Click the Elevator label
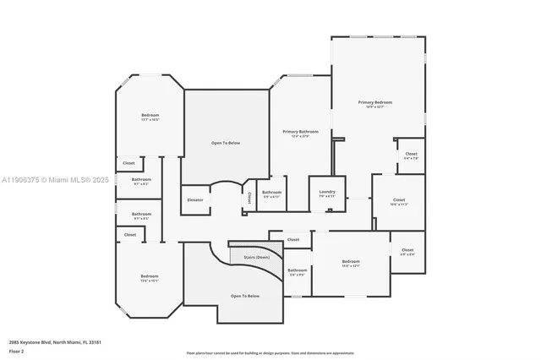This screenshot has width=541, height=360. tap(196, 199)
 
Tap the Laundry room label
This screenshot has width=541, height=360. tap(327, 193)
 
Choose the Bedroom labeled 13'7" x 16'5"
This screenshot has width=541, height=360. tap(150, 116)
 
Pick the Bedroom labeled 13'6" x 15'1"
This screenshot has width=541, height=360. tap(150, 277)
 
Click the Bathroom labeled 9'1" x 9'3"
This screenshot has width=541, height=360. tap(141, 180)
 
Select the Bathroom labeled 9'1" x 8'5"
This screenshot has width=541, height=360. tap(141, 215)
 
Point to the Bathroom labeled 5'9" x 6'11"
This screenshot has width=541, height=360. tap(271, 193)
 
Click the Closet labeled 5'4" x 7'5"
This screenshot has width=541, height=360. tap(411, 155)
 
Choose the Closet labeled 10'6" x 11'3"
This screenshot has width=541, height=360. tap(398, 201)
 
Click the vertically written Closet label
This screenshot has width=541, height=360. tap(249, 199)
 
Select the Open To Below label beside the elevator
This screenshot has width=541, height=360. tap(226, 143)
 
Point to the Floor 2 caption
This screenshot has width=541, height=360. tap(17, 351)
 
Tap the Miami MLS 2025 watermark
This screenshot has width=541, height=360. tap(55, 180)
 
